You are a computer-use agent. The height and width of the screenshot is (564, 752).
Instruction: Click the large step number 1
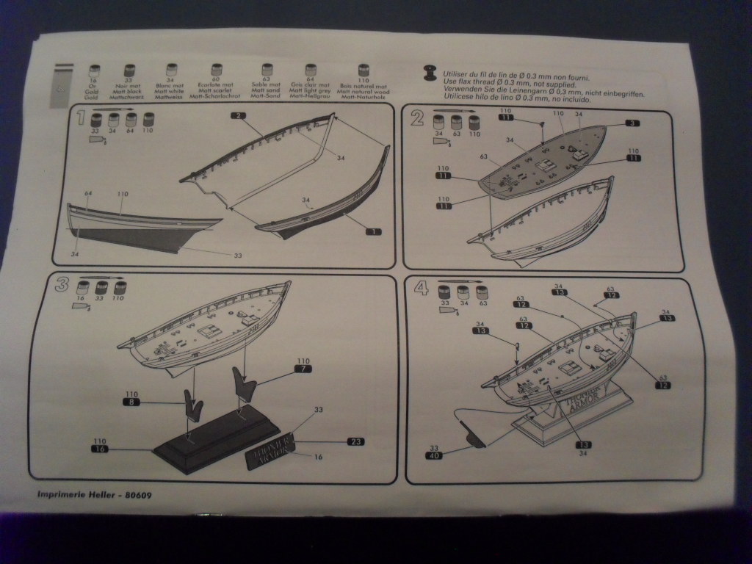coord(80,117)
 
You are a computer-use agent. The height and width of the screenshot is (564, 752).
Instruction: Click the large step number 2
coord(418,117)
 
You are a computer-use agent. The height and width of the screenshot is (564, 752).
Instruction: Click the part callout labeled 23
coord(355,441)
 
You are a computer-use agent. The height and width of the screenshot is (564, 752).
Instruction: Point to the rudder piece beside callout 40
coord(474,437)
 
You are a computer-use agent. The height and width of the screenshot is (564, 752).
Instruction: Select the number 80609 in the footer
coord(137,494)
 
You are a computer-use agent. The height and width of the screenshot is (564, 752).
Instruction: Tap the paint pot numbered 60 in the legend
coord(216,71)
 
